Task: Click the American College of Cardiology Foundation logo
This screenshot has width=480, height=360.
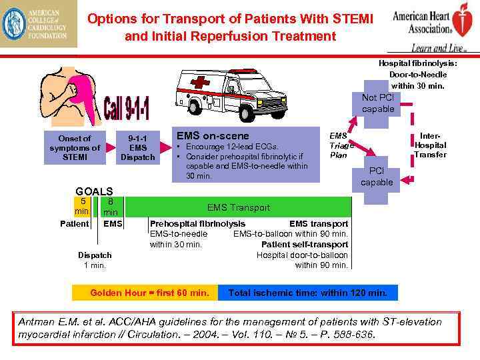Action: [x=39, y=25]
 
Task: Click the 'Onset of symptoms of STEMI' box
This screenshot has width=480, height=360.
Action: [x=75, y=148]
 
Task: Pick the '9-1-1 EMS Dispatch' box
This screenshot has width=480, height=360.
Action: [x=138, y=148]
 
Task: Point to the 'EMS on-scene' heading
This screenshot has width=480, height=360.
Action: [x=212, y=135]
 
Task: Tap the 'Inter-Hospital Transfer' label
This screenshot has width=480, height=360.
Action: [x=430, y=145]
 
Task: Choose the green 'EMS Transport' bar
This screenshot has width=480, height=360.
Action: [x=238, y=207]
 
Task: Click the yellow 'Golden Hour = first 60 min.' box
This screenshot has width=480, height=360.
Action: [x=149, y=293]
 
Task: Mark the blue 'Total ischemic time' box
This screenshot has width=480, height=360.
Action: [x=307, y=293]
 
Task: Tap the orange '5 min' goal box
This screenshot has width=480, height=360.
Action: [x=82, y=206]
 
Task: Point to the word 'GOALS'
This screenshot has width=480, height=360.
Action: [x=94, y=190]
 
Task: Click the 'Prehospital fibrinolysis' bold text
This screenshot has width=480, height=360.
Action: [x=197, y=224]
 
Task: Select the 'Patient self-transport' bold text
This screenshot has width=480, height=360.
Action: [x=304, y=245]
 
